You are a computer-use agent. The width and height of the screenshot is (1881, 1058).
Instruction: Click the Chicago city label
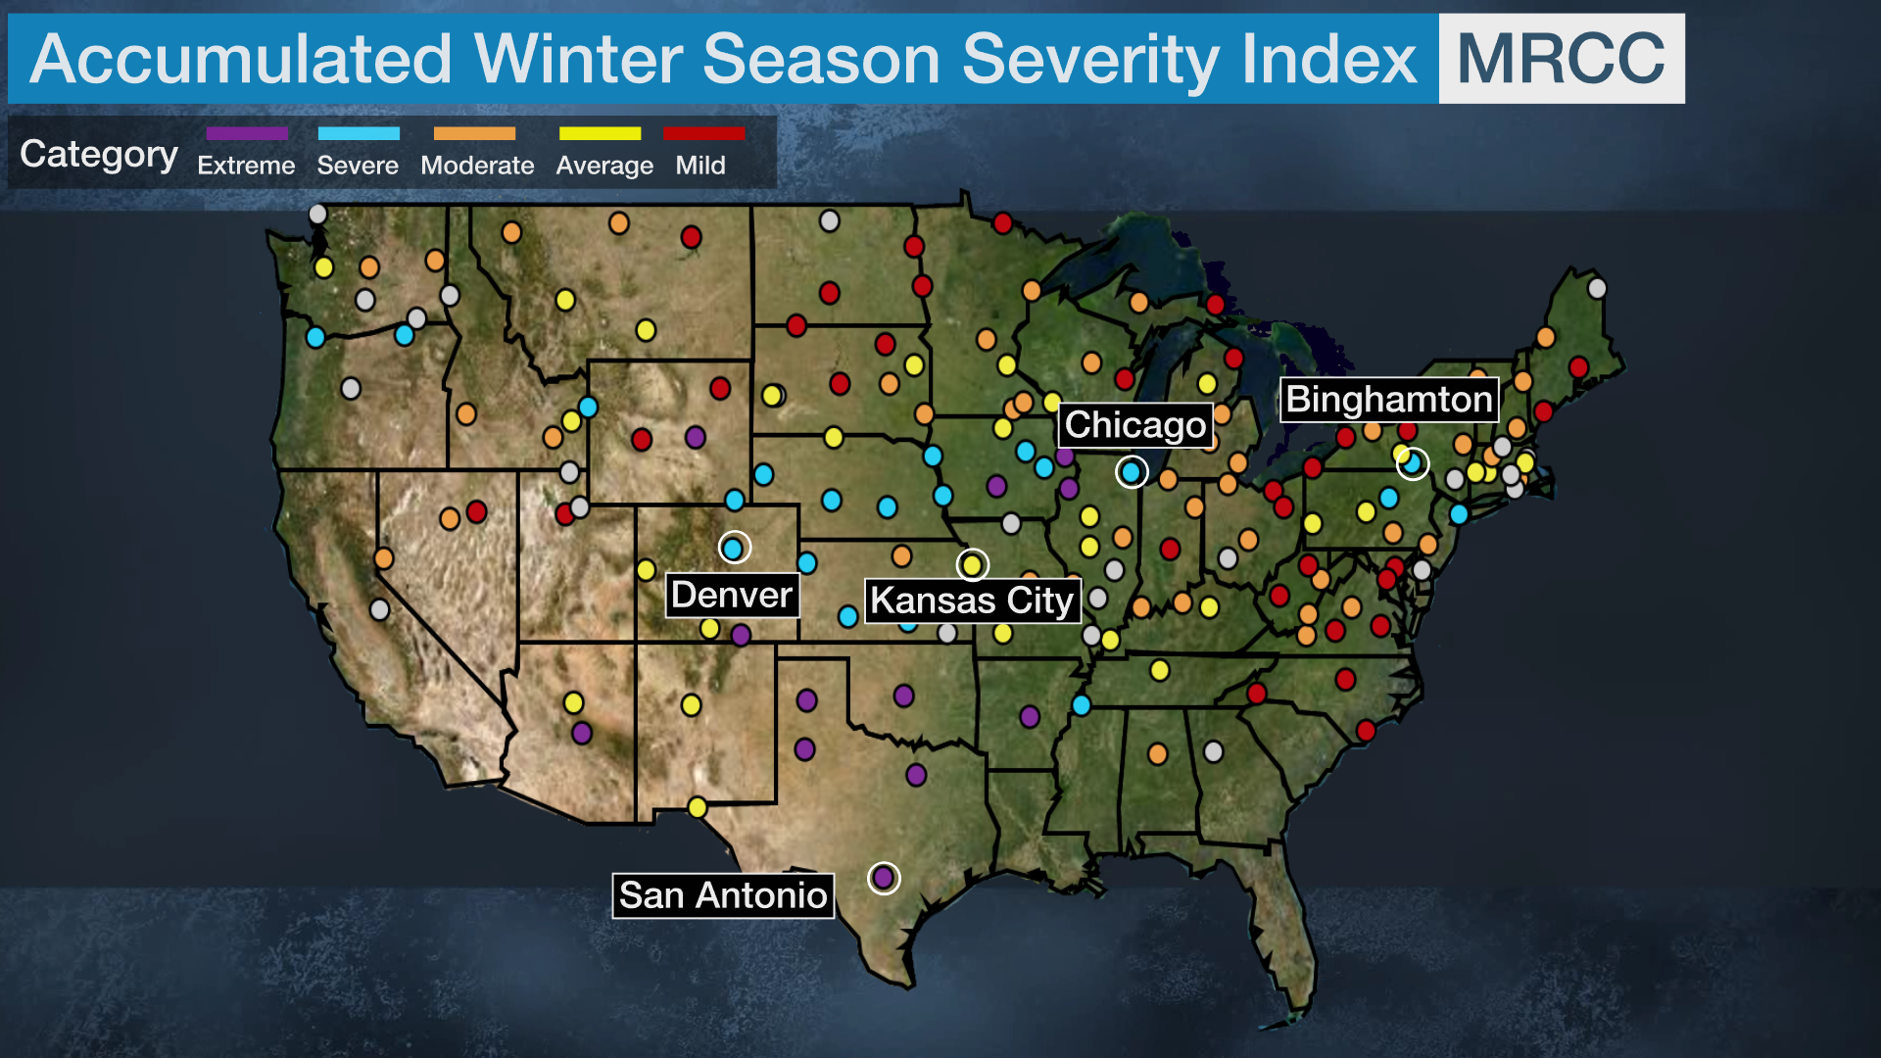point(1135,425)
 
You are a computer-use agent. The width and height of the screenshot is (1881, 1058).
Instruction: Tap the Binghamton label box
point(1388,400)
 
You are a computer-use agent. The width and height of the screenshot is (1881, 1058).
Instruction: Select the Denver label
point(732,595)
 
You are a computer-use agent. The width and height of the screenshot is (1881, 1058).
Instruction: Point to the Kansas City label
point(972,600)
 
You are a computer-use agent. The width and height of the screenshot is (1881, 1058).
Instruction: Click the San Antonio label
point(723,895)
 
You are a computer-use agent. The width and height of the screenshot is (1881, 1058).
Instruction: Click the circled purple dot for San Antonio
point(883,877)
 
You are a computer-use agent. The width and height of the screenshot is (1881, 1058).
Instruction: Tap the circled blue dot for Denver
point(733,548)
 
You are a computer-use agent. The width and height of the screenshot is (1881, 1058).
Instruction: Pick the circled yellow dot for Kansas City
point(972,564)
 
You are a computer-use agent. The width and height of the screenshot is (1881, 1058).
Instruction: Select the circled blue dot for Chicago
point(1131,472)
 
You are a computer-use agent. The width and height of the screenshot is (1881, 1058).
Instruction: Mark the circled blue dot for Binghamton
point(1413,463)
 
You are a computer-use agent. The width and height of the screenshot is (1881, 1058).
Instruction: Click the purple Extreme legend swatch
point(247,133)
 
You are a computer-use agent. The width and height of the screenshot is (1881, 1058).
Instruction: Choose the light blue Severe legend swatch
point(359,133)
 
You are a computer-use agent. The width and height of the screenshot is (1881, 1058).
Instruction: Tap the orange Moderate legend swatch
point(474,133)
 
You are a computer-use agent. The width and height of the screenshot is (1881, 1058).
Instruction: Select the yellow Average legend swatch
point(600,133)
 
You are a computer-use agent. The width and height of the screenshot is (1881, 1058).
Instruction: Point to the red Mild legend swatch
point(703,133)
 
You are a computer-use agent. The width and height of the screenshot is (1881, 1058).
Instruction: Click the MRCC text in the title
point(1561,59)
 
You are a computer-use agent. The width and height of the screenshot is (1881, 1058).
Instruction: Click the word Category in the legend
point(99,154)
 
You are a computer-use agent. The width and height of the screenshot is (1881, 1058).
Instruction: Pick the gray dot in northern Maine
point(1597,288)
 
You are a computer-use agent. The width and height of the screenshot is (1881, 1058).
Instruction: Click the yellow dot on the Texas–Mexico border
point(697,807)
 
